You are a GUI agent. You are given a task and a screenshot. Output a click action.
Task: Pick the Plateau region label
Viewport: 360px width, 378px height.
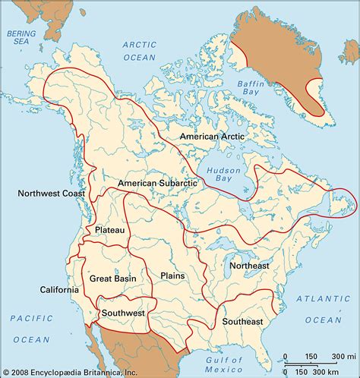pyautogui.click(x=110, y=229)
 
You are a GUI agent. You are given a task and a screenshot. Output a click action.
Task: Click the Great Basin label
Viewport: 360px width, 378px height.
pyautogui.click(x=114, y=279)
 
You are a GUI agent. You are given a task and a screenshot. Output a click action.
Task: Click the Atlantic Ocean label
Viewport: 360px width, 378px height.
pyautogui.click(x=317, y=305)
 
